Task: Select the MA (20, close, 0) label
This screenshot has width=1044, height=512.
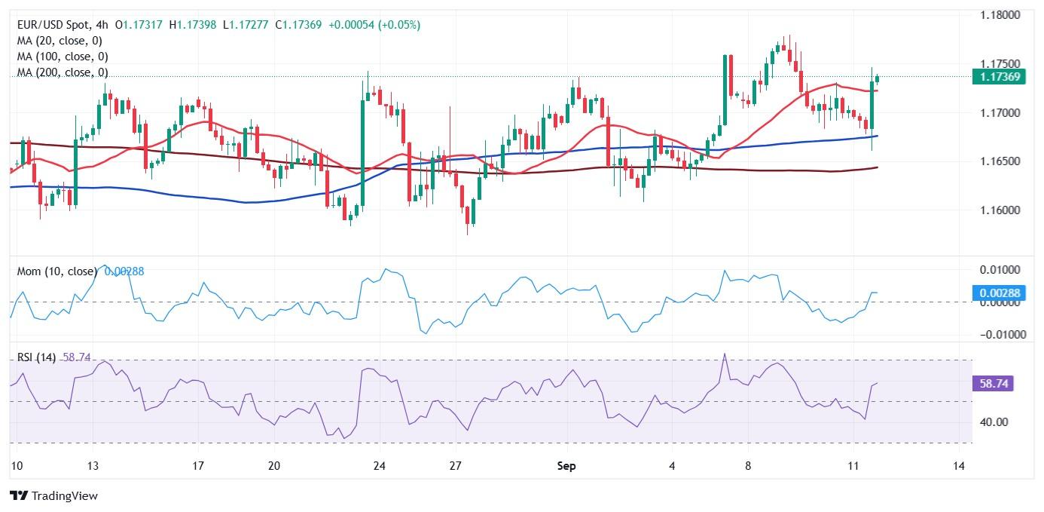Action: (60, 41)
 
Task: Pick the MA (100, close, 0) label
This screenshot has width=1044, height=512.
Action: (63, 57)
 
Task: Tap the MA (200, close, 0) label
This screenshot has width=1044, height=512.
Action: (63, 72)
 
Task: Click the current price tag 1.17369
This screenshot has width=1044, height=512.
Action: (999, 76)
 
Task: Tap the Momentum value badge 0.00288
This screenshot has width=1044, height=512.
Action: (999, 293)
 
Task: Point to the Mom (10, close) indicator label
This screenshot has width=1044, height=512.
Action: (57, 271)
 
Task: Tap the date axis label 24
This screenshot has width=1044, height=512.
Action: (379, 466)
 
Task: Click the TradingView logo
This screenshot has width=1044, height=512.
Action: (54, 495)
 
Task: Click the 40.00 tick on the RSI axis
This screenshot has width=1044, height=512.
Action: (994, 422)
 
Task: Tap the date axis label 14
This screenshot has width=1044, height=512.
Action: (958, 466)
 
